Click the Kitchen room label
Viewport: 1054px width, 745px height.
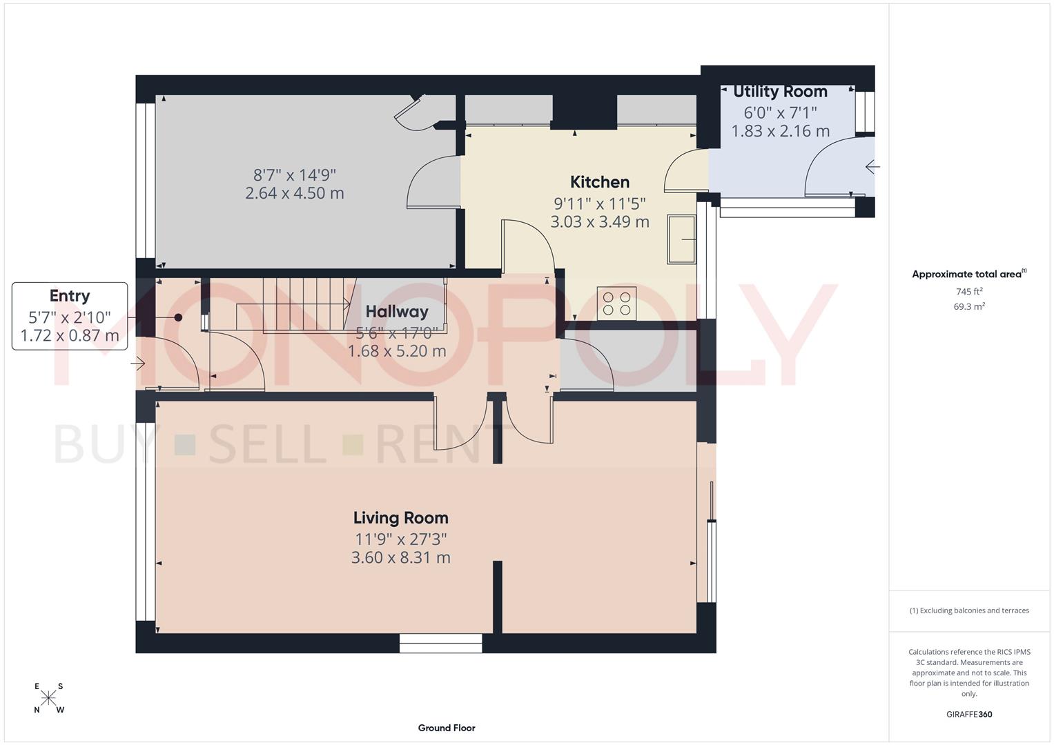tap(599, 182)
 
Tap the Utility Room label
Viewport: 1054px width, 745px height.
tap(780, 92)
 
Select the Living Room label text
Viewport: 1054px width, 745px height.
tap(400, 518)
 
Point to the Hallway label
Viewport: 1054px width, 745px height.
tap(397, 312)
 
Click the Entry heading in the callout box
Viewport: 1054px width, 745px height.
tap(70, 296)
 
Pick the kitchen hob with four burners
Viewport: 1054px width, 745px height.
tap(616, 304)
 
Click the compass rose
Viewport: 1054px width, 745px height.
tap(48, 698)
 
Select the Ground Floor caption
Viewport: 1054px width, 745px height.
tap(447, 728)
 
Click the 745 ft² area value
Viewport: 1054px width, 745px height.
tap(969, 292)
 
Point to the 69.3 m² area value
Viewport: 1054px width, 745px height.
tap(969, 307)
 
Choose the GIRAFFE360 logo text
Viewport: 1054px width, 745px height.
tap(969, 715)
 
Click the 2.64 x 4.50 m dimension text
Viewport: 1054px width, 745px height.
tap(295, 193)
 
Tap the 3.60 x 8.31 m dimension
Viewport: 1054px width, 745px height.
tap(400, 557)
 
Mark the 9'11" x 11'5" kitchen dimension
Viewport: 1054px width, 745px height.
tap(599, 203)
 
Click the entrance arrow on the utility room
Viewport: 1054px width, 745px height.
tap(872, 167)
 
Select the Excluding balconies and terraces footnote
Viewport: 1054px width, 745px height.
tap(969, 610)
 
